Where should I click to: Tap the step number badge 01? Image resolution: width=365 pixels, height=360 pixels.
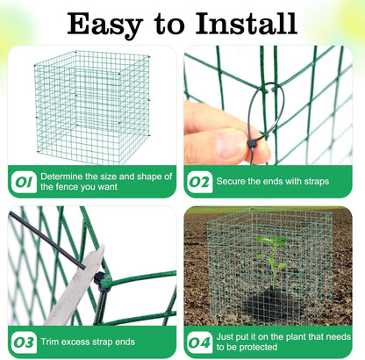pyautogui.click(x=22, y=182)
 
